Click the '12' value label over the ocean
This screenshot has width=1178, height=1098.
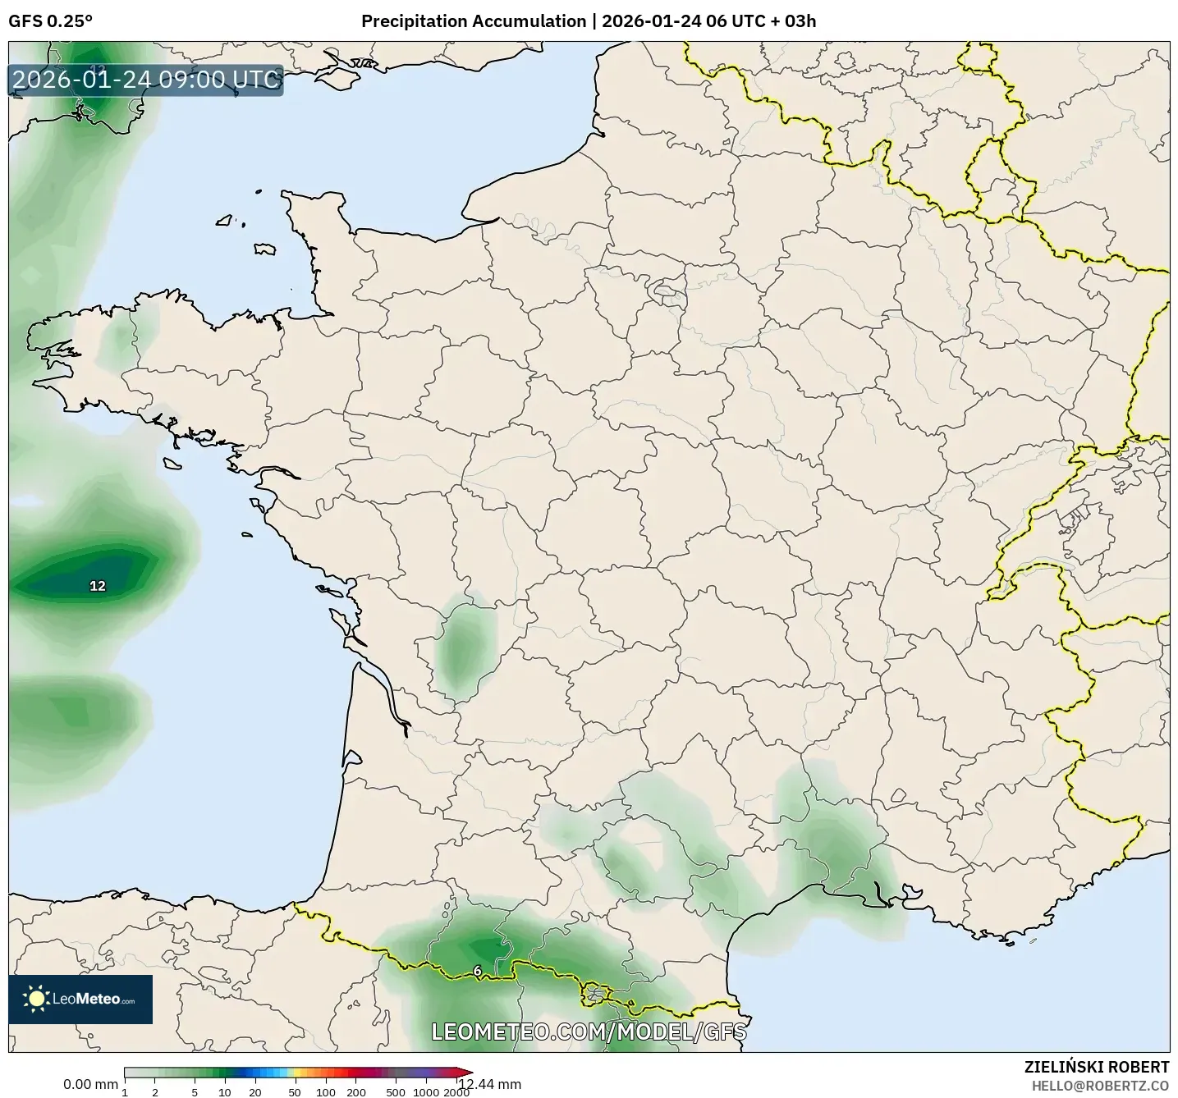(x=98, y=586)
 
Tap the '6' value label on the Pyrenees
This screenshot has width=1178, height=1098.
(x=478, y=971)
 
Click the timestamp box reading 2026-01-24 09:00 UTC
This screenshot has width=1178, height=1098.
(x=146, y=80)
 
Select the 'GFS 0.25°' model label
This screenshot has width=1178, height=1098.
(x=50, y=21)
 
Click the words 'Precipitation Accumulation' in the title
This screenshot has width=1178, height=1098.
(x=474, y=21)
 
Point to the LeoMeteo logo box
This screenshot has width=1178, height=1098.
(x=80, y=999)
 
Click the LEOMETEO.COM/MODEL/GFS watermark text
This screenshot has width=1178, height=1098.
(x=589, y=1031)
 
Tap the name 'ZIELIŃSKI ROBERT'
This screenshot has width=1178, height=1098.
(x=1097, y=1067)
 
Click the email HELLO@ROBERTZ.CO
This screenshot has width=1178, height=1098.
(x=1100, y=1085)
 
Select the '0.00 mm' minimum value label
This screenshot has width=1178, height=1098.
(x=90, y=1084)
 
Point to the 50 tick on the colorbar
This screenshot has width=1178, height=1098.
(x=295, y=1091)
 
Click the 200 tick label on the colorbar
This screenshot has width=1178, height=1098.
(x=356, y=1091)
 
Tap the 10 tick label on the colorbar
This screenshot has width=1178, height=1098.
(x=225, y=1091)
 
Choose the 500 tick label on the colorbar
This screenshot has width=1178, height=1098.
(x=396, y=1091)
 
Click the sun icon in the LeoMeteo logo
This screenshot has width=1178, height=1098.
(x=36, y=999)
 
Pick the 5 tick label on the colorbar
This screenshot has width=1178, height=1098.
(x=195, y=1091)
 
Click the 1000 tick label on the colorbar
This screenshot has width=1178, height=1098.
(x=426, y=1091)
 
